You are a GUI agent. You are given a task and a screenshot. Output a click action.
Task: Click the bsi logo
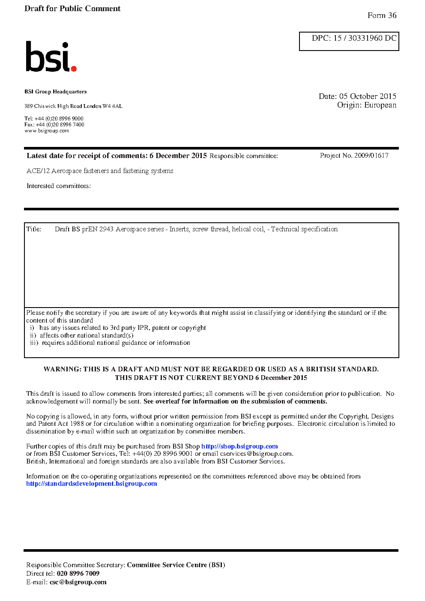[x=51, y=57]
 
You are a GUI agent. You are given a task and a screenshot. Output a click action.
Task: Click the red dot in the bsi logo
[x=74, y=68]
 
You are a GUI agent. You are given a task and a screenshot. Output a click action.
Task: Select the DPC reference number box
[x=349, y=41]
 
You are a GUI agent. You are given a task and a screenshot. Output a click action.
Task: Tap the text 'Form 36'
[x=382, y=15]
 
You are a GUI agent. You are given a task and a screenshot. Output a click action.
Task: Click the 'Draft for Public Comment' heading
[x=72, y=9]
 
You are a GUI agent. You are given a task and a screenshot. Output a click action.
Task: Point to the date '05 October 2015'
[x=368, y=96]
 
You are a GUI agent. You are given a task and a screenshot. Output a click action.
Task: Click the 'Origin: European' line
[x=366, y=105]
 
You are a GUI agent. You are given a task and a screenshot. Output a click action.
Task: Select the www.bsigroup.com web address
[x=47, y=131]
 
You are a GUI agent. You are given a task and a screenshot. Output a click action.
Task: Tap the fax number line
[x=54, y=125]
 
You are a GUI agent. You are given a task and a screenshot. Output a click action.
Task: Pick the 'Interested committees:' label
[x=59, y=186]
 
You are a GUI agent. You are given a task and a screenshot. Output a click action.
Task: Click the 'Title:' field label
[x=34, y=229]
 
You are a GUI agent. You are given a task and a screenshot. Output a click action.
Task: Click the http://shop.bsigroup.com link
[x=239, y=446]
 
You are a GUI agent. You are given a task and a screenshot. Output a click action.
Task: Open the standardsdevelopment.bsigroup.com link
[x=92, y=484]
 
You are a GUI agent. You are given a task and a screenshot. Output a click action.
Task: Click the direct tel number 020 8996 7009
[x=78, y=574]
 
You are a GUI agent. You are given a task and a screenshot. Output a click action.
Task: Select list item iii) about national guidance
[x=110, y=343]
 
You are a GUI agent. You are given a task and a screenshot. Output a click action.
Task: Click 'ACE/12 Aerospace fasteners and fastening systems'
[x=100, y=171]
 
